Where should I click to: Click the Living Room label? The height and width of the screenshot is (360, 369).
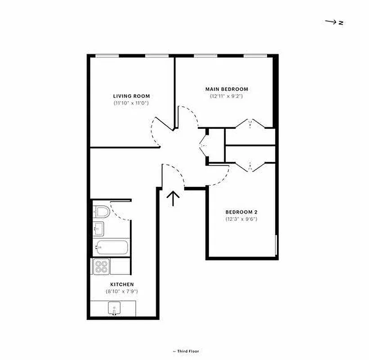(131, 96)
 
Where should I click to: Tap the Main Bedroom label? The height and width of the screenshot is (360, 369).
(227, 89)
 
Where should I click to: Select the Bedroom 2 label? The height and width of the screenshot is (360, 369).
(241, 212)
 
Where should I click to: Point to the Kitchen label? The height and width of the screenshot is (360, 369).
(122, 284)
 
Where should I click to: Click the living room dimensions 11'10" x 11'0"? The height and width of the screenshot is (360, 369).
(131, 103)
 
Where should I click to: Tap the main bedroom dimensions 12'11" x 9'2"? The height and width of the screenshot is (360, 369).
(227, 96)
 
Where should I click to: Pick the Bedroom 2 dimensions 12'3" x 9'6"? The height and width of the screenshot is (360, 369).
(241, 220)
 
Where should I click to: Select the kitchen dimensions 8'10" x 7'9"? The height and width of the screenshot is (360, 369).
(122, 292)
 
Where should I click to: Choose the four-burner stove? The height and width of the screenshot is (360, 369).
(101, 267)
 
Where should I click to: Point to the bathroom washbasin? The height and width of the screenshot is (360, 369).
(98, 229)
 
